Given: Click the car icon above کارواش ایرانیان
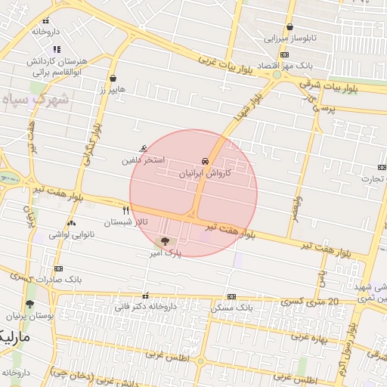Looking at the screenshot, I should coord(205,162).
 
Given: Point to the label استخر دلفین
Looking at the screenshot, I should coord(141,161).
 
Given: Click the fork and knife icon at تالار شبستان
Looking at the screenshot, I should coord(125,210).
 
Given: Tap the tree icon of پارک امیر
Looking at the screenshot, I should coord(165,241).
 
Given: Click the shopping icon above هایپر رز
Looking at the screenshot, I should coord(113,78).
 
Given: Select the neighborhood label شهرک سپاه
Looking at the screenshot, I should coord(36,99).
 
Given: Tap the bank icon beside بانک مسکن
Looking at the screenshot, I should coord(231,296).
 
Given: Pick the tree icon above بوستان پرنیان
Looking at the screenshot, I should coord(29,304).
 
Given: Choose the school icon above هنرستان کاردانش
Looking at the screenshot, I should coord(57,49).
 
